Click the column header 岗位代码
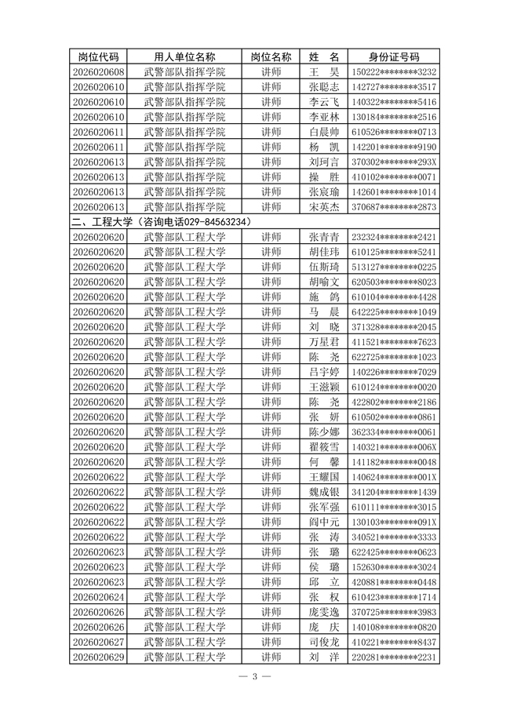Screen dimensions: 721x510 [98, 57]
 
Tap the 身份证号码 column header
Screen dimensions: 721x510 [394, 57]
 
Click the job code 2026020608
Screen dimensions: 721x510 [98, 72]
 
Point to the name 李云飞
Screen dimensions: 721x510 [324, 102]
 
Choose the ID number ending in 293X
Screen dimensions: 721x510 [394, 162]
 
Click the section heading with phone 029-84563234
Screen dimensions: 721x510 [161, 222]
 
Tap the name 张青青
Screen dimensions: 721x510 [324, 237]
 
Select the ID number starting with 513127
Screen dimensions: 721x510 [394, 267]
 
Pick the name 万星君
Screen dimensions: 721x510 [324, 342]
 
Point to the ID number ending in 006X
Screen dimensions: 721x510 [394, 446]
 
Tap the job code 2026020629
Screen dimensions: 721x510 [98, 657]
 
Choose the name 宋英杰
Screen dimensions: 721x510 [324, 207]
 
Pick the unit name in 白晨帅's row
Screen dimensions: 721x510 [184, 132]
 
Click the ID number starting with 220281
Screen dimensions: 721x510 [394, 657]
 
